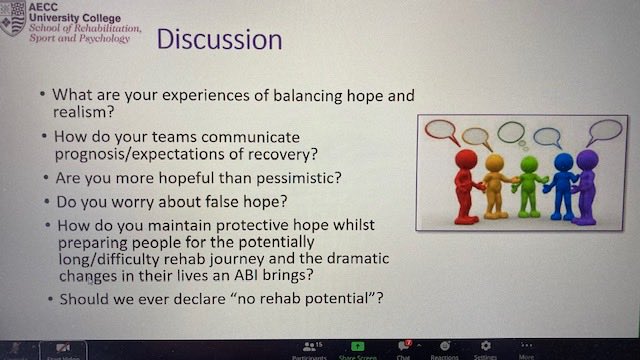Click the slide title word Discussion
219,41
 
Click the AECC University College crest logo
13,19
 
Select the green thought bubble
511,132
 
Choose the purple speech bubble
605,130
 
